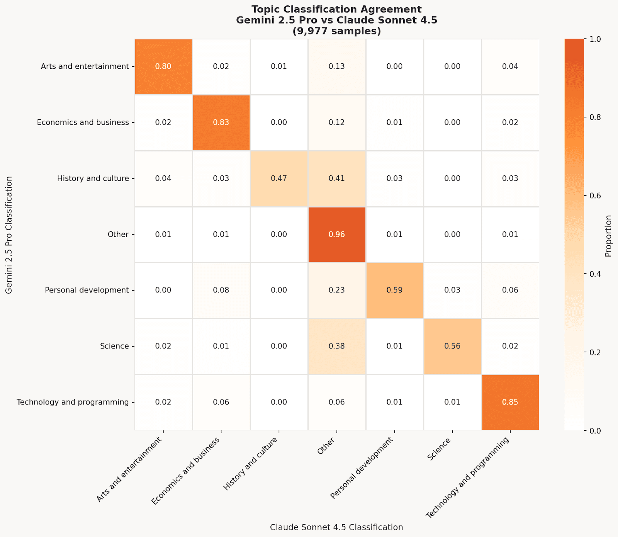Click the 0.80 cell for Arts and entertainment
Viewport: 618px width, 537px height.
coord(163,66)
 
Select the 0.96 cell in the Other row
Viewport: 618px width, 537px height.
coord(336,235)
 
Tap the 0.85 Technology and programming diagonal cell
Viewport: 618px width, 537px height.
coord(510,402)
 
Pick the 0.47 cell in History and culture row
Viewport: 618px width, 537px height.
coord(278,178)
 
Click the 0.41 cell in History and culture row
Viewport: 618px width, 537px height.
coord(336,178)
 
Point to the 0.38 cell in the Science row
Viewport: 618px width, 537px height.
coord(336,346)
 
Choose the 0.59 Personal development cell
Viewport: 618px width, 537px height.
coord(394,290)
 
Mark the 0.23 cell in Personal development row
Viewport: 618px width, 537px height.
coord(336,290)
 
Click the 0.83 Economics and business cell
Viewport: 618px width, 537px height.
coord(221,122)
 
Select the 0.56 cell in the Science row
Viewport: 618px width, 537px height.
coord(452,346)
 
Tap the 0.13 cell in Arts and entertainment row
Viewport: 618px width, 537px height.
coord(336,66)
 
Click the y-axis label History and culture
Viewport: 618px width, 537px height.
coord(93,178)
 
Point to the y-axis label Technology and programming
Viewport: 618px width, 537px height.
coord(73,402)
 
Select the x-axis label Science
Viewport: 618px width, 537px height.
coord(439,449)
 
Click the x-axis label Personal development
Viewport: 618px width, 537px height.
coord(362,467)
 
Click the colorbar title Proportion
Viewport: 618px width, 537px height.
coord(608,236)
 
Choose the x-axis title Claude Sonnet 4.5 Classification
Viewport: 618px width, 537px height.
coord(336,527)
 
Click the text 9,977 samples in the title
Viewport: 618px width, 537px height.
coord(336,31)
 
